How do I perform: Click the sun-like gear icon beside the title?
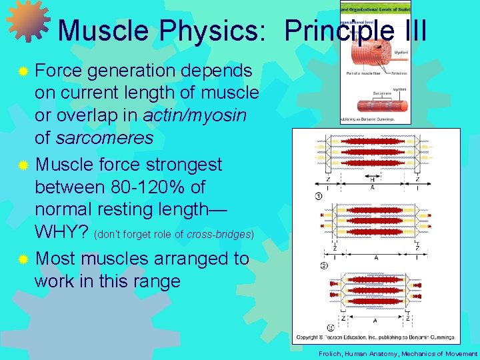point(28,20)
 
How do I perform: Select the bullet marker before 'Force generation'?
point(23,71)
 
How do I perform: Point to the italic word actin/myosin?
point(195,115)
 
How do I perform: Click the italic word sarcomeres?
point(104,139)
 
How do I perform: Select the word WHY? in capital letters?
point(62,233)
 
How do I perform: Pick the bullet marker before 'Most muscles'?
point(23,259)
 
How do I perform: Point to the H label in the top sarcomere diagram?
point(372,179)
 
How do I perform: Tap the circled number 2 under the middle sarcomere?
point(323,266)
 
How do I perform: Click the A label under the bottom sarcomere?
point(375,320)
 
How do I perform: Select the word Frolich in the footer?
point(330,354)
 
